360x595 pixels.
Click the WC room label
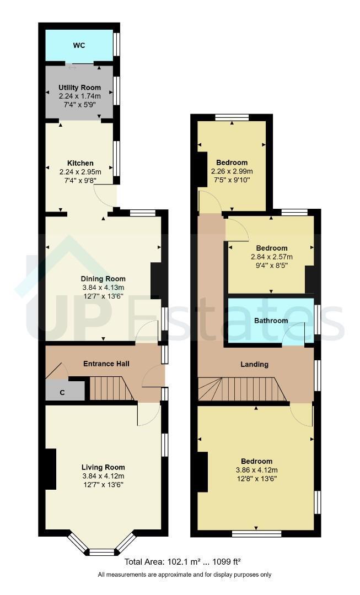coord(79,46)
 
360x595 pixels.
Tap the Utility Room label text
coord(80,88)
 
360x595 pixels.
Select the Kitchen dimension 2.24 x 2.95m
coord(80,172)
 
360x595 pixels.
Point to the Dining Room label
coord(103,279)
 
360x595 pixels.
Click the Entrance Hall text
coord(106,364)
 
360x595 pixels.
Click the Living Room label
coord(103,468)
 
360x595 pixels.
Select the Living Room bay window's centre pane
coord(101,551)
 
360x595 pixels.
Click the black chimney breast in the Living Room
coord(51,469)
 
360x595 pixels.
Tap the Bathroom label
coord(271,321)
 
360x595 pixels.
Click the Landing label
coord(255,364)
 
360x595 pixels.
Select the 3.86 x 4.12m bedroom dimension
coord(257,470)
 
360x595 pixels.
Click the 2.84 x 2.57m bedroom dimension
coord(272,257)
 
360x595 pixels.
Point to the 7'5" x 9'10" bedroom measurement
coord(232,180)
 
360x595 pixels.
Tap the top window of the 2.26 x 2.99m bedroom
coord(232,117)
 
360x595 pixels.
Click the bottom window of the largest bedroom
coord(257,533)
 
